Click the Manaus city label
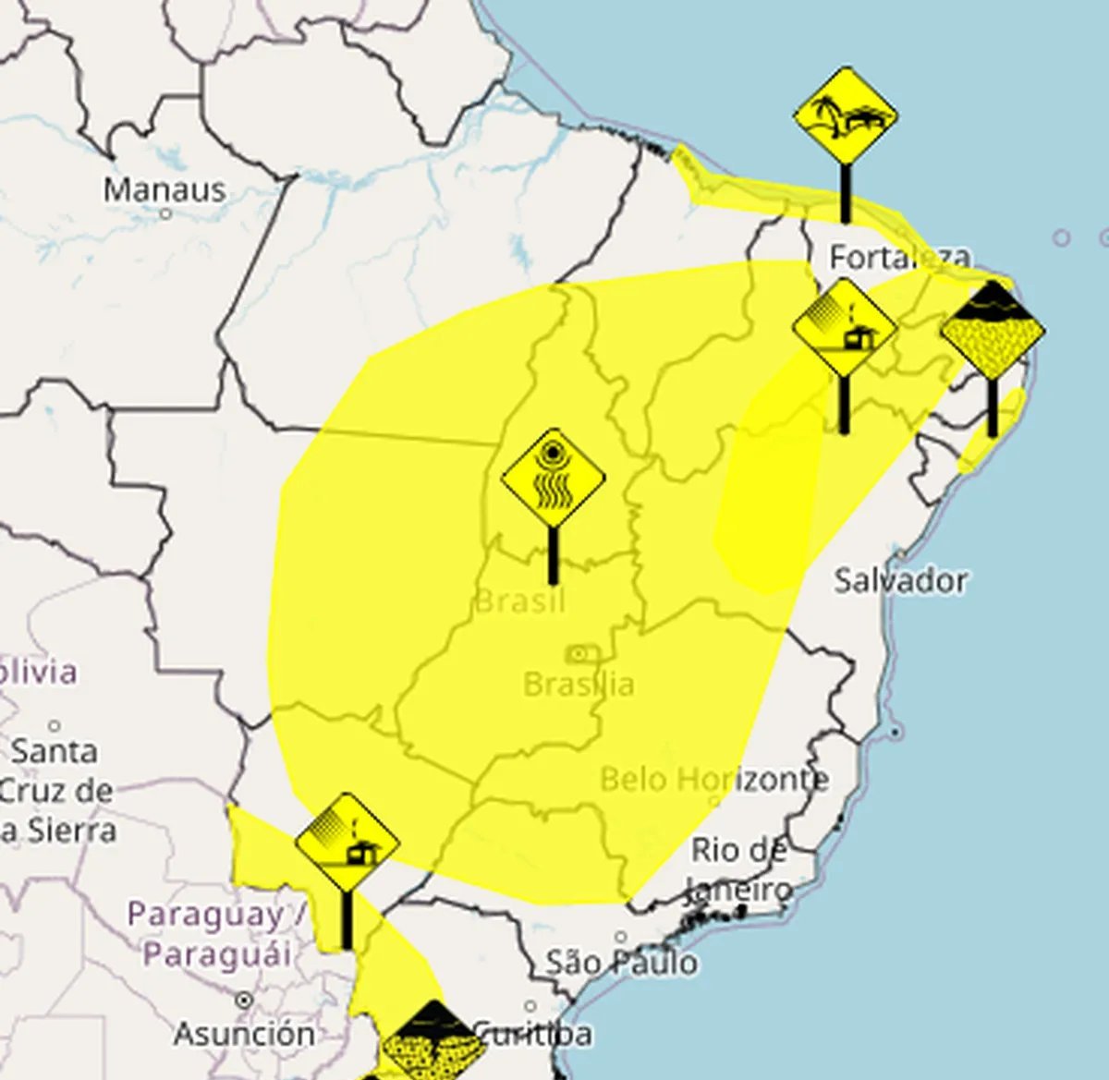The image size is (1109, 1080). (x=165, y=190)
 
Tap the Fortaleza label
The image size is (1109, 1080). (x=886, y=257)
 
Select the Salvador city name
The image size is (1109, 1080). (x=900, y=581)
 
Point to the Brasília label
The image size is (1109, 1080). (x=579, y=685)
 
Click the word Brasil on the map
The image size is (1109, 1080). (x=519, y=602)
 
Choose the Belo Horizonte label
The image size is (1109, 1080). (x=713, y=779)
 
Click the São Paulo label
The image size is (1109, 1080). (x=621, y=963)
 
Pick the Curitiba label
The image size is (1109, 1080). (x=533, y=1033)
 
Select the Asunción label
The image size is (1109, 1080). (x=244, y=1033)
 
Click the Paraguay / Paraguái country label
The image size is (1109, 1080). (x=218, y=933)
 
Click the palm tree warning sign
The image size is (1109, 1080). (x=845, y=117)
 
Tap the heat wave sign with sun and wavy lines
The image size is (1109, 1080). (x=553, y=479)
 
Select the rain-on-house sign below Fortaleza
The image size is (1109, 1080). (x=844, y=329)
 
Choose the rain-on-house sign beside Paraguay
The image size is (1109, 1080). (x=347, y=843)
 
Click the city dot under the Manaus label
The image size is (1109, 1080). (x=165, y=214)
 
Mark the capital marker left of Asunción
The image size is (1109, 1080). (x=244, y=1001)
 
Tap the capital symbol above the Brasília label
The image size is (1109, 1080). (x=580, y=654)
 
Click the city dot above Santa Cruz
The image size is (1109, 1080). (x=55, y=726)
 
